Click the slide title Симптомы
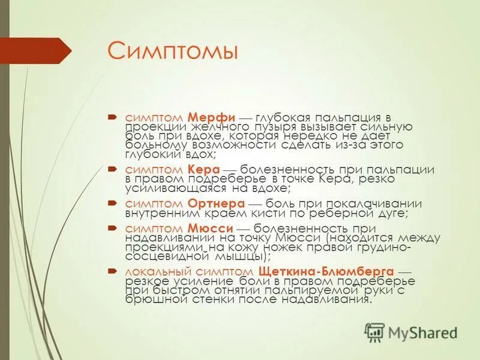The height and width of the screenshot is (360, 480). tap(173, 50)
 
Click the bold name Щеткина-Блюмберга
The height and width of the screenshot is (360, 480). tap(326, 271)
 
